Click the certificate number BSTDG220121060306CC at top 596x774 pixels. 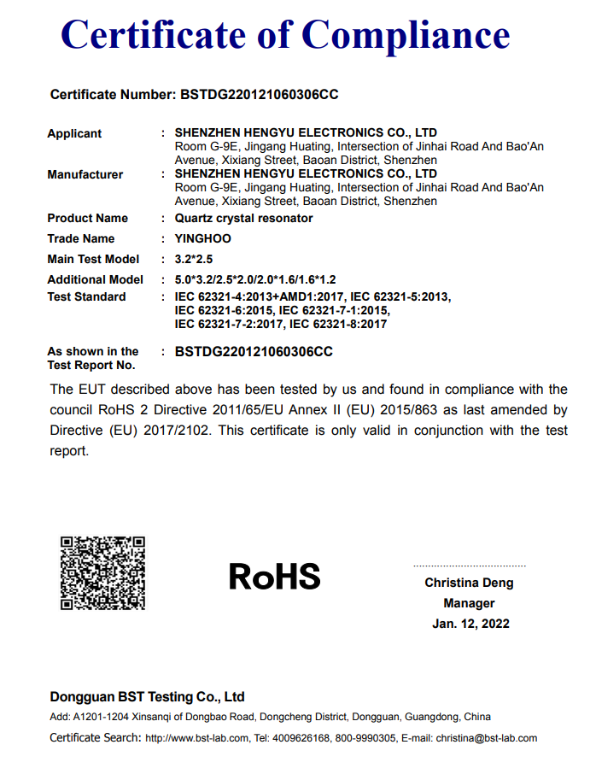click(x=260, y=95)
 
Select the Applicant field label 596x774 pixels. click(x=74, y=133)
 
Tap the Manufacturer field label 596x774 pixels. click(x=85, y=174)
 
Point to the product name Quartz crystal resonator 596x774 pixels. click(x=243, y=218)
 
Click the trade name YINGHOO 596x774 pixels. click(x=202, y=238)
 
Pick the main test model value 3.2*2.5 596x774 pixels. click(x=193, y=259)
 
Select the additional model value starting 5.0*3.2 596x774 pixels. click(x=255, y=279)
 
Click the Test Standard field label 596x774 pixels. click(x=86, y=296)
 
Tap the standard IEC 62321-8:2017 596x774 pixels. click(x=339, y=324)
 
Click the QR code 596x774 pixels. click(x=102, y=572)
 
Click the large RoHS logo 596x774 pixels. click(x=274, y=577)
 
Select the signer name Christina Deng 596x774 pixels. click(x=469, y=583)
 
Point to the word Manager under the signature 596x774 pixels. click(x=469, y=603)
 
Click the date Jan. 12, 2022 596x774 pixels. click(x=470, y=624)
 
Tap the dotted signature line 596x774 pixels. click(x=469, y=566)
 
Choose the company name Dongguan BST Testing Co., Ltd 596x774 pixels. click(x=147, y=696)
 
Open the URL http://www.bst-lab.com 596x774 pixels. click(x=197, y=738)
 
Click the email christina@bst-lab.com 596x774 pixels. click(x=486, y=738)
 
